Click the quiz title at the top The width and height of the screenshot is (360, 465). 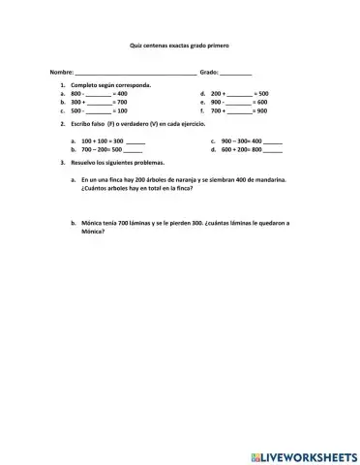(x=179, y=45)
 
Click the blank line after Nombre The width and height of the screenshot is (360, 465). (x=135, y=74)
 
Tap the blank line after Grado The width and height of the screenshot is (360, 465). (x=236, y=74)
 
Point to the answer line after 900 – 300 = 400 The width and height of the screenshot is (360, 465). (x=274, y=141)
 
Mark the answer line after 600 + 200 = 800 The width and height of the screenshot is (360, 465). (x=274, y=150)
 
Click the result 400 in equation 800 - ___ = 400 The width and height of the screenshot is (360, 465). (x=122, y=94)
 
